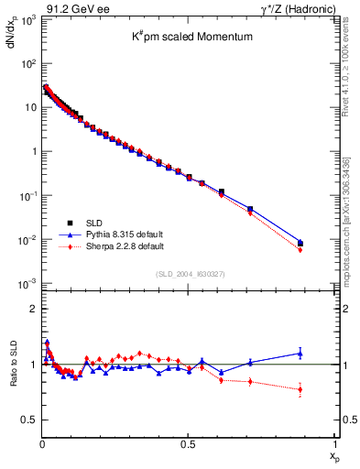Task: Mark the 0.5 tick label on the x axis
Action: coord(188,444)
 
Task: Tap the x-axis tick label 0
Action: coord(42,444)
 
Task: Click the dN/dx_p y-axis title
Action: coord(12,38)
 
